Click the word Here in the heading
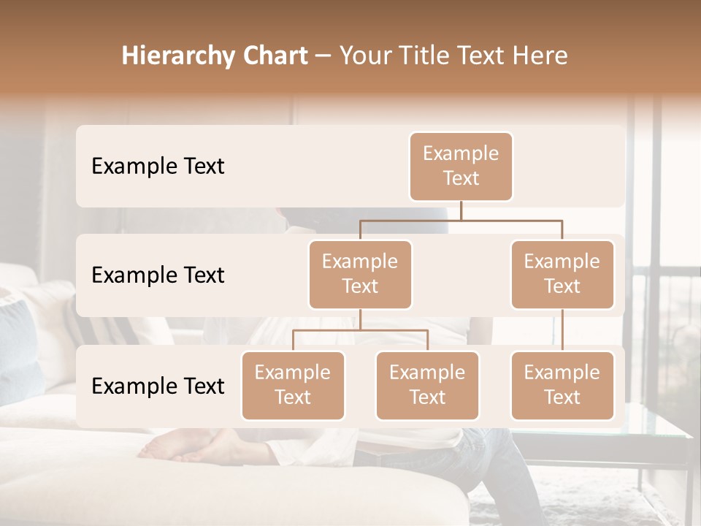[540, 56]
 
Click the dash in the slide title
[323, 56]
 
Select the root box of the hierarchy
[461, 167]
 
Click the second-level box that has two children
[360, 274]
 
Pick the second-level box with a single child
[562, 274]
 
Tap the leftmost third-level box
[293, 385]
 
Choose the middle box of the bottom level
[427, 385]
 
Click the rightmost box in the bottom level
[562, 385]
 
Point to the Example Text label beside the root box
[158, 167]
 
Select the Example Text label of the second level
[158, 275]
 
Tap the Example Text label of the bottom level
[158, 386]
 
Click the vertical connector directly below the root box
[461, 210]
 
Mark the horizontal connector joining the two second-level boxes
[461, 219]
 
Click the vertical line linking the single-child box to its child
[562, 330]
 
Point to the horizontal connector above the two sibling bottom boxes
[360, 330]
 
